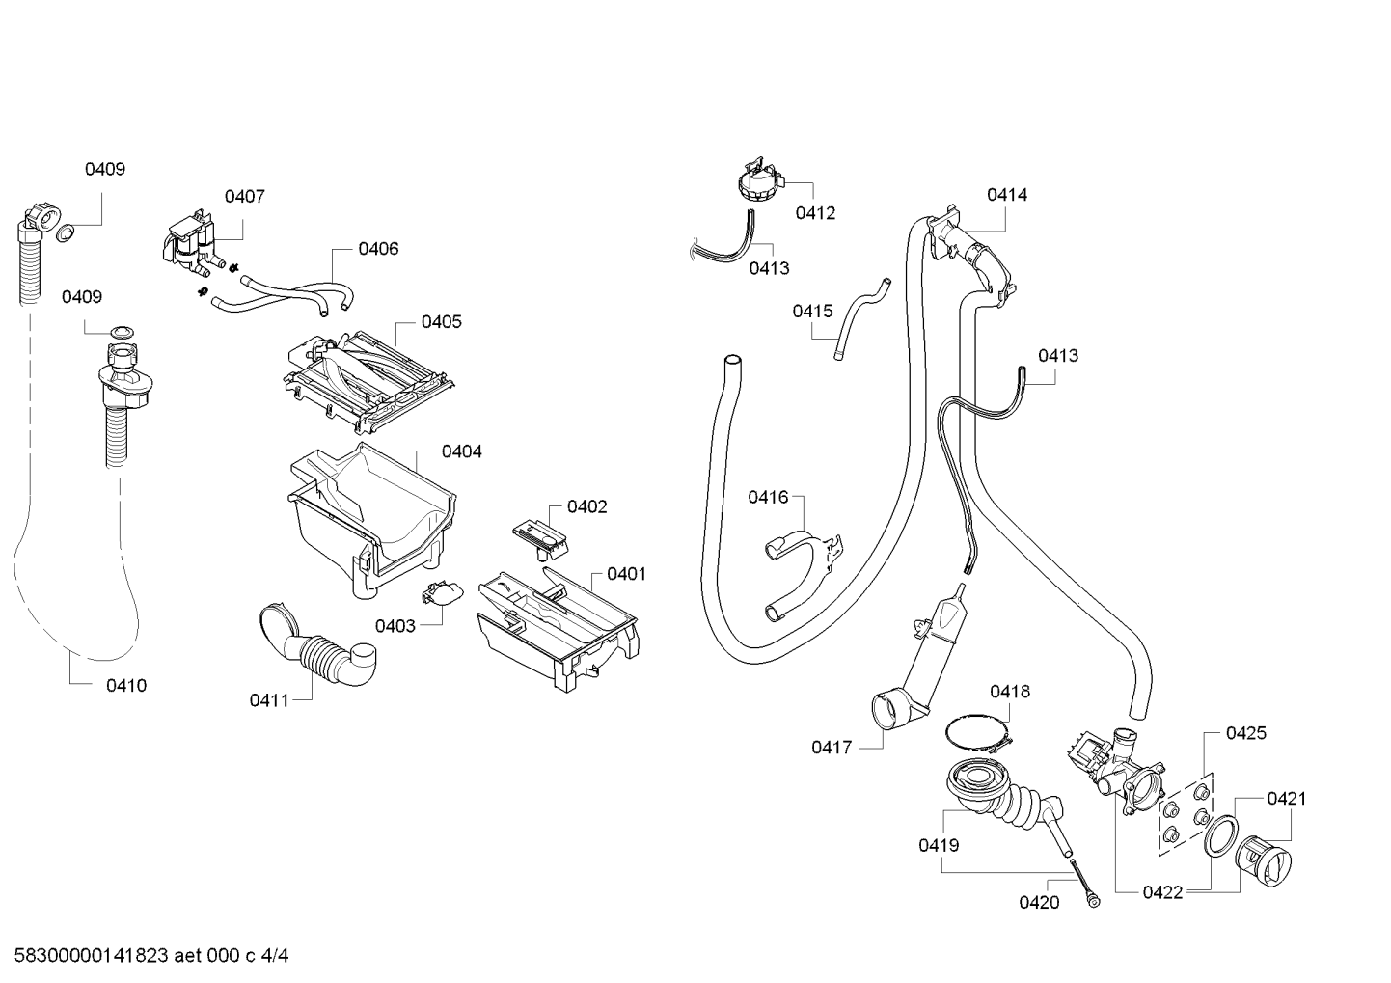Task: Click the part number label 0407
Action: tap(245, 196)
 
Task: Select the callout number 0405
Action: tap(442, 321)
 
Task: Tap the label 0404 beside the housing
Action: tap(461, 451)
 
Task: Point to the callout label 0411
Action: tap(269, 700)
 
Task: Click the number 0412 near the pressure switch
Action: tap(815, 213)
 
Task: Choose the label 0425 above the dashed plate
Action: tap(1245, 733)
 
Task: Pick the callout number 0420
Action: tap(1039, 902)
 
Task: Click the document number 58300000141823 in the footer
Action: tap(91, 956)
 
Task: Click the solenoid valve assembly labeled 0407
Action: tap(193, 244)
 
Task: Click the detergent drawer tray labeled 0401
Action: tap(557, 628)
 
